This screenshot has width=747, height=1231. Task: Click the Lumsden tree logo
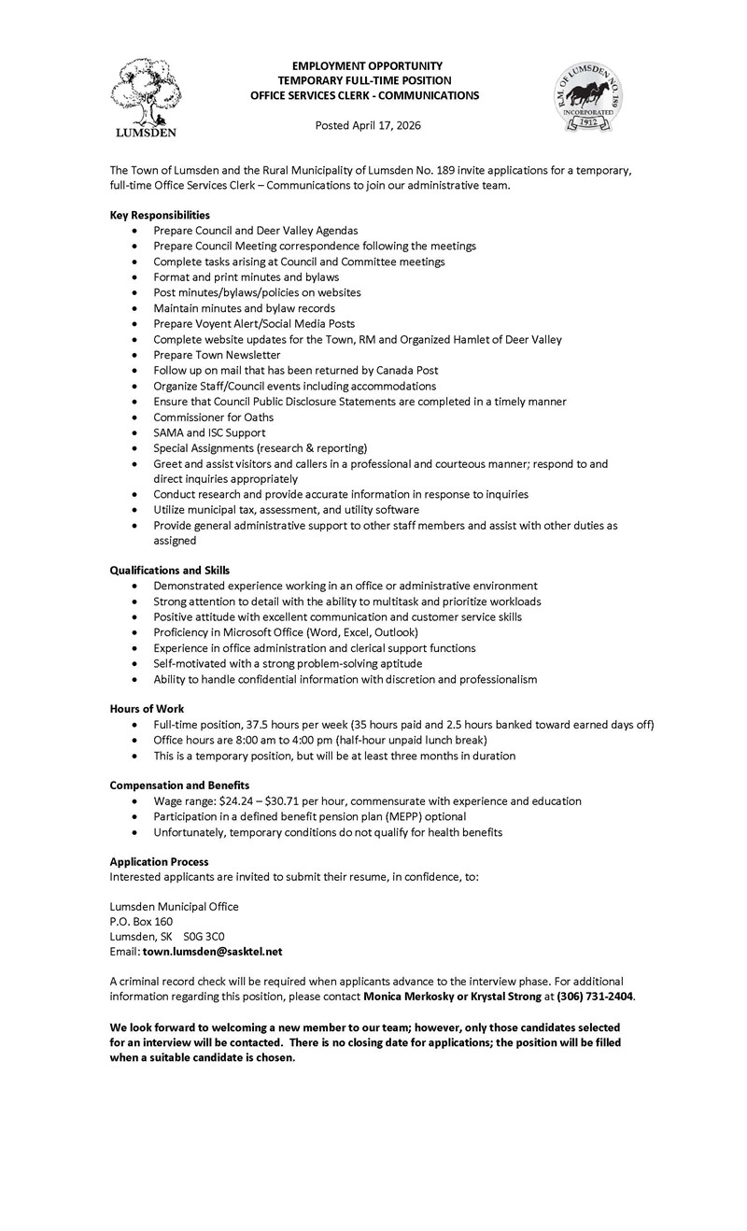(146, 97)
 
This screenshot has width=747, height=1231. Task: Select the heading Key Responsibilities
(160, 215)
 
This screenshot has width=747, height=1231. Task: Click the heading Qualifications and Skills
(170, 570)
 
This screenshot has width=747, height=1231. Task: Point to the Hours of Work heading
(147, 709)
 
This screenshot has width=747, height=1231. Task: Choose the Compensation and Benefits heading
(179, 785)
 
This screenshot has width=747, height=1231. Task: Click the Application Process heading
(159, 861)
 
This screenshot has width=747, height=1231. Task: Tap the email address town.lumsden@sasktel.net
(212, 951)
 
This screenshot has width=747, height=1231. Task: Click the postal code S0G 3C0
(204, 936)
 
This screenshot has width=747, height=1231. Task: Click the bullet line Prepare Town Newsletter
(217, 356)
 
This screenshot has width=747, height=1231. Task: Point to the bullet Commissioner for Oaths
(214, 417)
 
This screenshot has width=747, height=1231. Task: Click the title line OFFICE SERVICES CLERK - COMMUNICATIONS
(365, 95)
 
